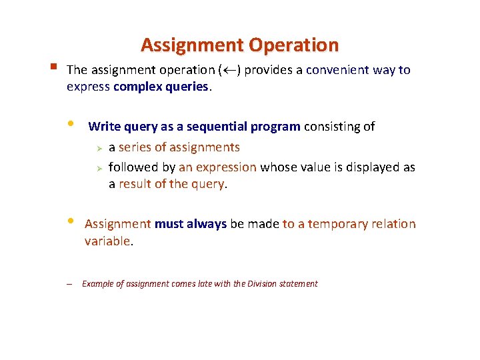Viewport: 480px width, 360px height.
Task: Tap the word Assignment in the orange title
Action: click(x=193, y=45)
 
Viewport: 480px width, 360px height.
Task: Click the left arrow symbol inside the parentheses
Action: click(x=228, y=70)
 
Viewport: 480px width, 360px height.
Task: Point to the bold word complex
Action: click(x=138, y=87)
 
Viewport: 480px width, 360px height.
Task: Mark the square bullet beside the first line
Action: click(x=52, y=67)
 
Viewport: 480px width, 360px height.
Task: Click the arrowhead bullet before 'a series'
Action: click(x=97, y=147)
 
